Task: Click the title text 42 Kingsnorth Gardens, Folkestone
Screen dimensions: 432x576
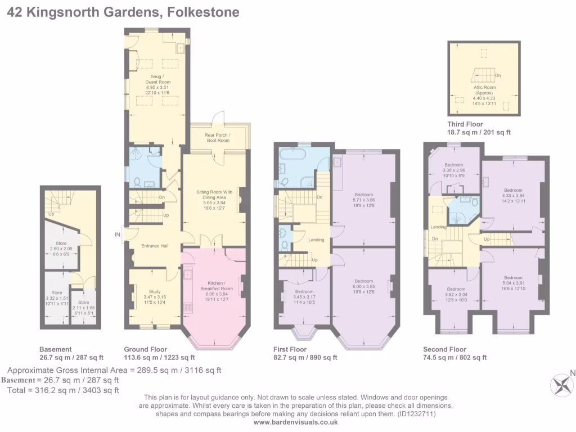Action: tap(123, 12)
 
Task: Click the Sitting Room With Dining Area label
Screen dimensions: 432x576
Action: tap(214, 195)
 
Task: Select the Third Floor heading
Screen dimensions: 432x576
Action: tap(465, 124)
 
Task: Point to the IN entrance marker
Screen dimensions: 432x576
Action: tap(118, 235)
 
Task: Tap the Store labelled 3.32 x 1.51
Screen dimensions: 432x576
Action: tap(57, 298)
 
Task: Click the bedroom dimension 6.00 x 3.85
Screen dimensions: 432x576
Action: tap(363, 286)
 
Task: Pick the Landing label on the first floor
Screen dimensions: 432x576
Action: tap(316, 240)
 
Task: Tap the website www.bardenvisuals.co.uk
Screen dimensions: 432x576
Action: tap(291, 422)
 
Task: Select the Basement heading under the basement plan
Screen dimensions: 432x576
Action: tap(55, 349)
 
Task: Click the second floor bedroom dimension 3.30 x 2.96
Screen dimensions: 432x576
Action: tap(453, 170)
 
